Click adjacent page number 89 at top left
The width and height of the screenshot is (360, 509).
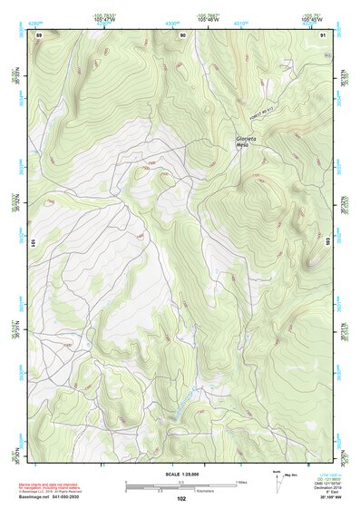click(x=39, y=34)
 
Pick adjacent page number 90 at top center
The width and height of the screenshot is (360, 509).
click(x=183, y=34)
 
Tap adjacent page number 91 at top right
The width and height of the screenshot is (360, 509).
click(x=324, y=34)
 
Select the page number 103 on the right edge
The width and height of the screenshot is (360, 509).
click(x=327, y=243)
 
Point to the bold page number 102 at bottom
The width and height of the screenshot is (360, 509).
click(x=181, y=498)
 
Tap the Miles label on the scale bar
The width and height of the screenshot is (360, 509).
click(x=241, y=481)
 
